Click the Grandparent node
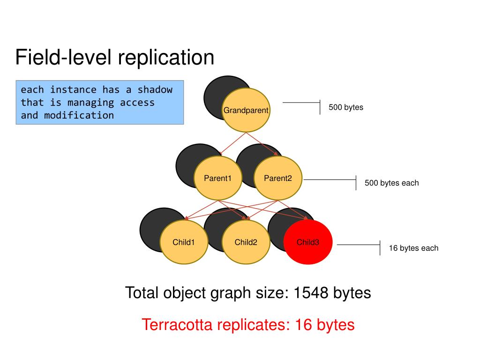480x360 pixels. [246, 111]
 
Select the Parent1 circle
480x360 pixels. [218, 179]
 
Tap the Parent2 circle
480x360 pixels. [278, 179]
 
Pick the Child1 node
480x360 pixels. [184, 242]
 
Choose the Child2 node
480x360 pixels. [246, 242]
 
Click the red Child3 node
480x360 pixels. [308, 242]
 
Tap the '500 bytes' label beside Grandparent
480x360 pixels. [346, 107]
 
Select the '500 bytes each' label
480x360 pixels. [392, 183]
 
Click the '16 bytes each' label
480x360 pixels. [413, 248]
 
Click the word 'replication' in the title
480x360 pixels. [166, 58]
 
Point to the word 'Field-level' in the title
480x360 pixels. [64, 58]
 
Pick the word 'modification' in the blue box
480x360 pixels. [79, 115]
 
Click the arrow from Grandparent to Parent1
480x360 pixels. [233, 143]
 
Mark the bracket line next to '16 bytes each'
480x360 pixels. [359, 245]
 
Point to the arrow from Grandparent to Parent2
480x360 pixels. [261, 143]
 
